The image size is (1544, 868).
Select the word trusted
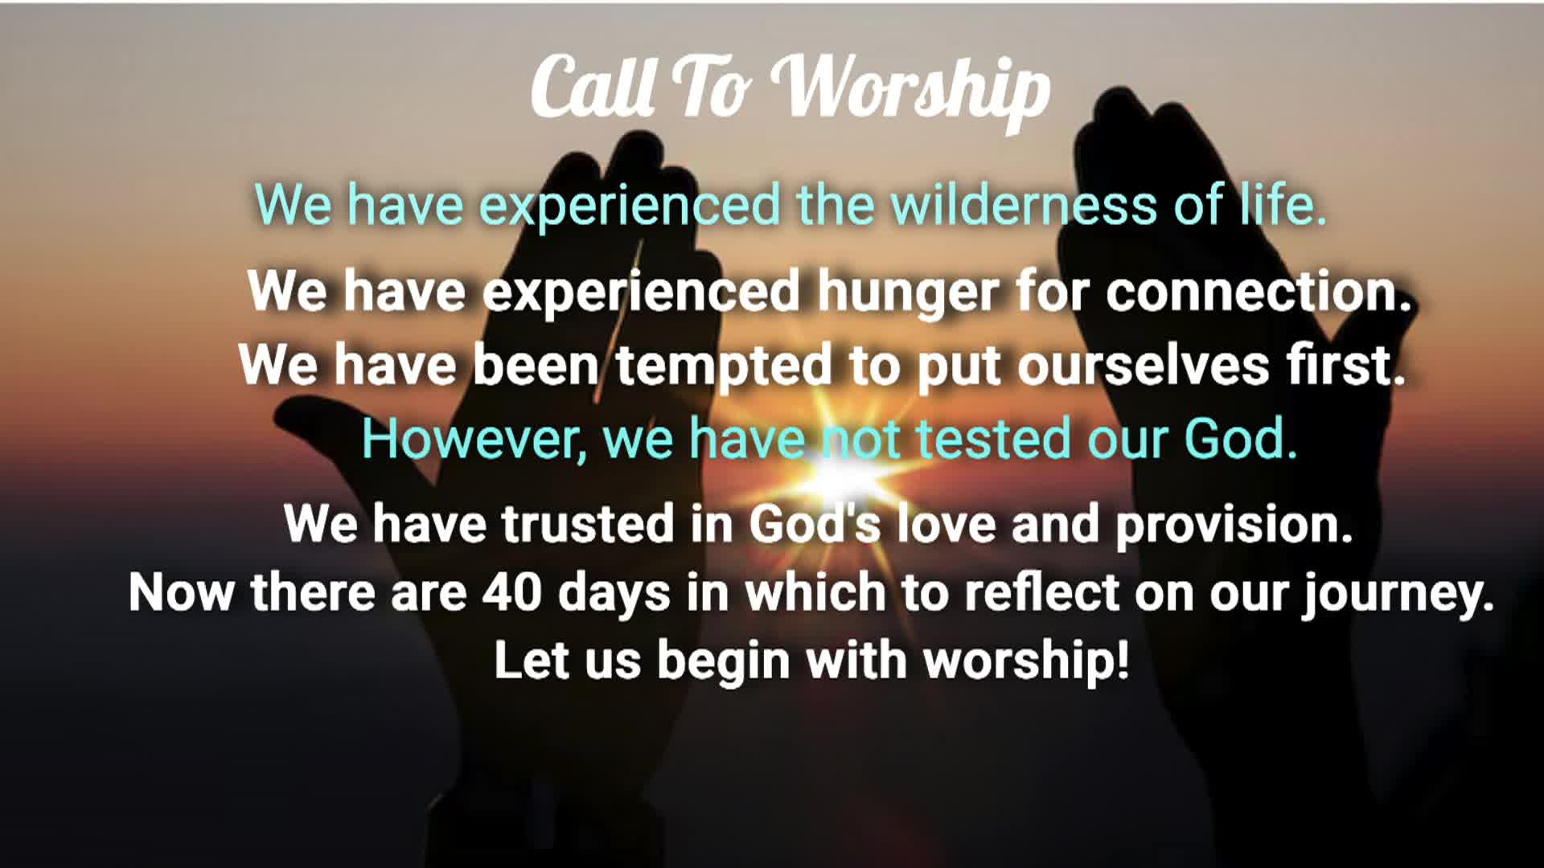point(588,523)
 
